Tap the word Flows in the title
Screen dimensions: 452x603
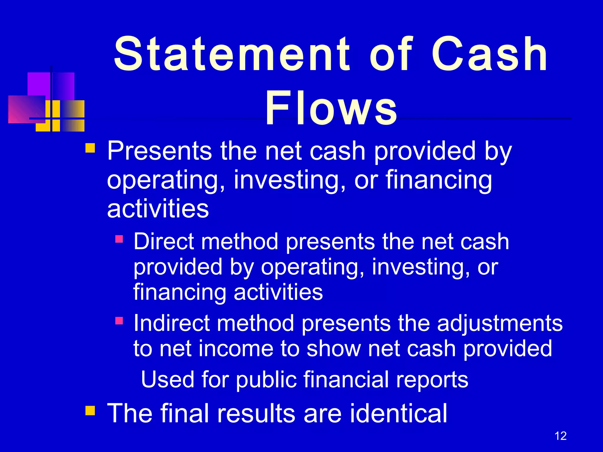331,108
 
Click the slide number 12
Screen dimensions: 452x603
560,436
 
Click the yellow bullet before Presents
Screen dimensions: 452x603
90,148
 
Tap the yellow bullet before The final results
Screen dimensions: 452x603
90,410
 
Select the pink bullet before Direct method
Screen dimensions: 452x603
119,239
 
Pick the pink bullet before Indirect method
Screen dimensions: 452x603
119,320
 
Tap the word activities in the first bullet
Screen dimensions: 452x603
158,209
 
